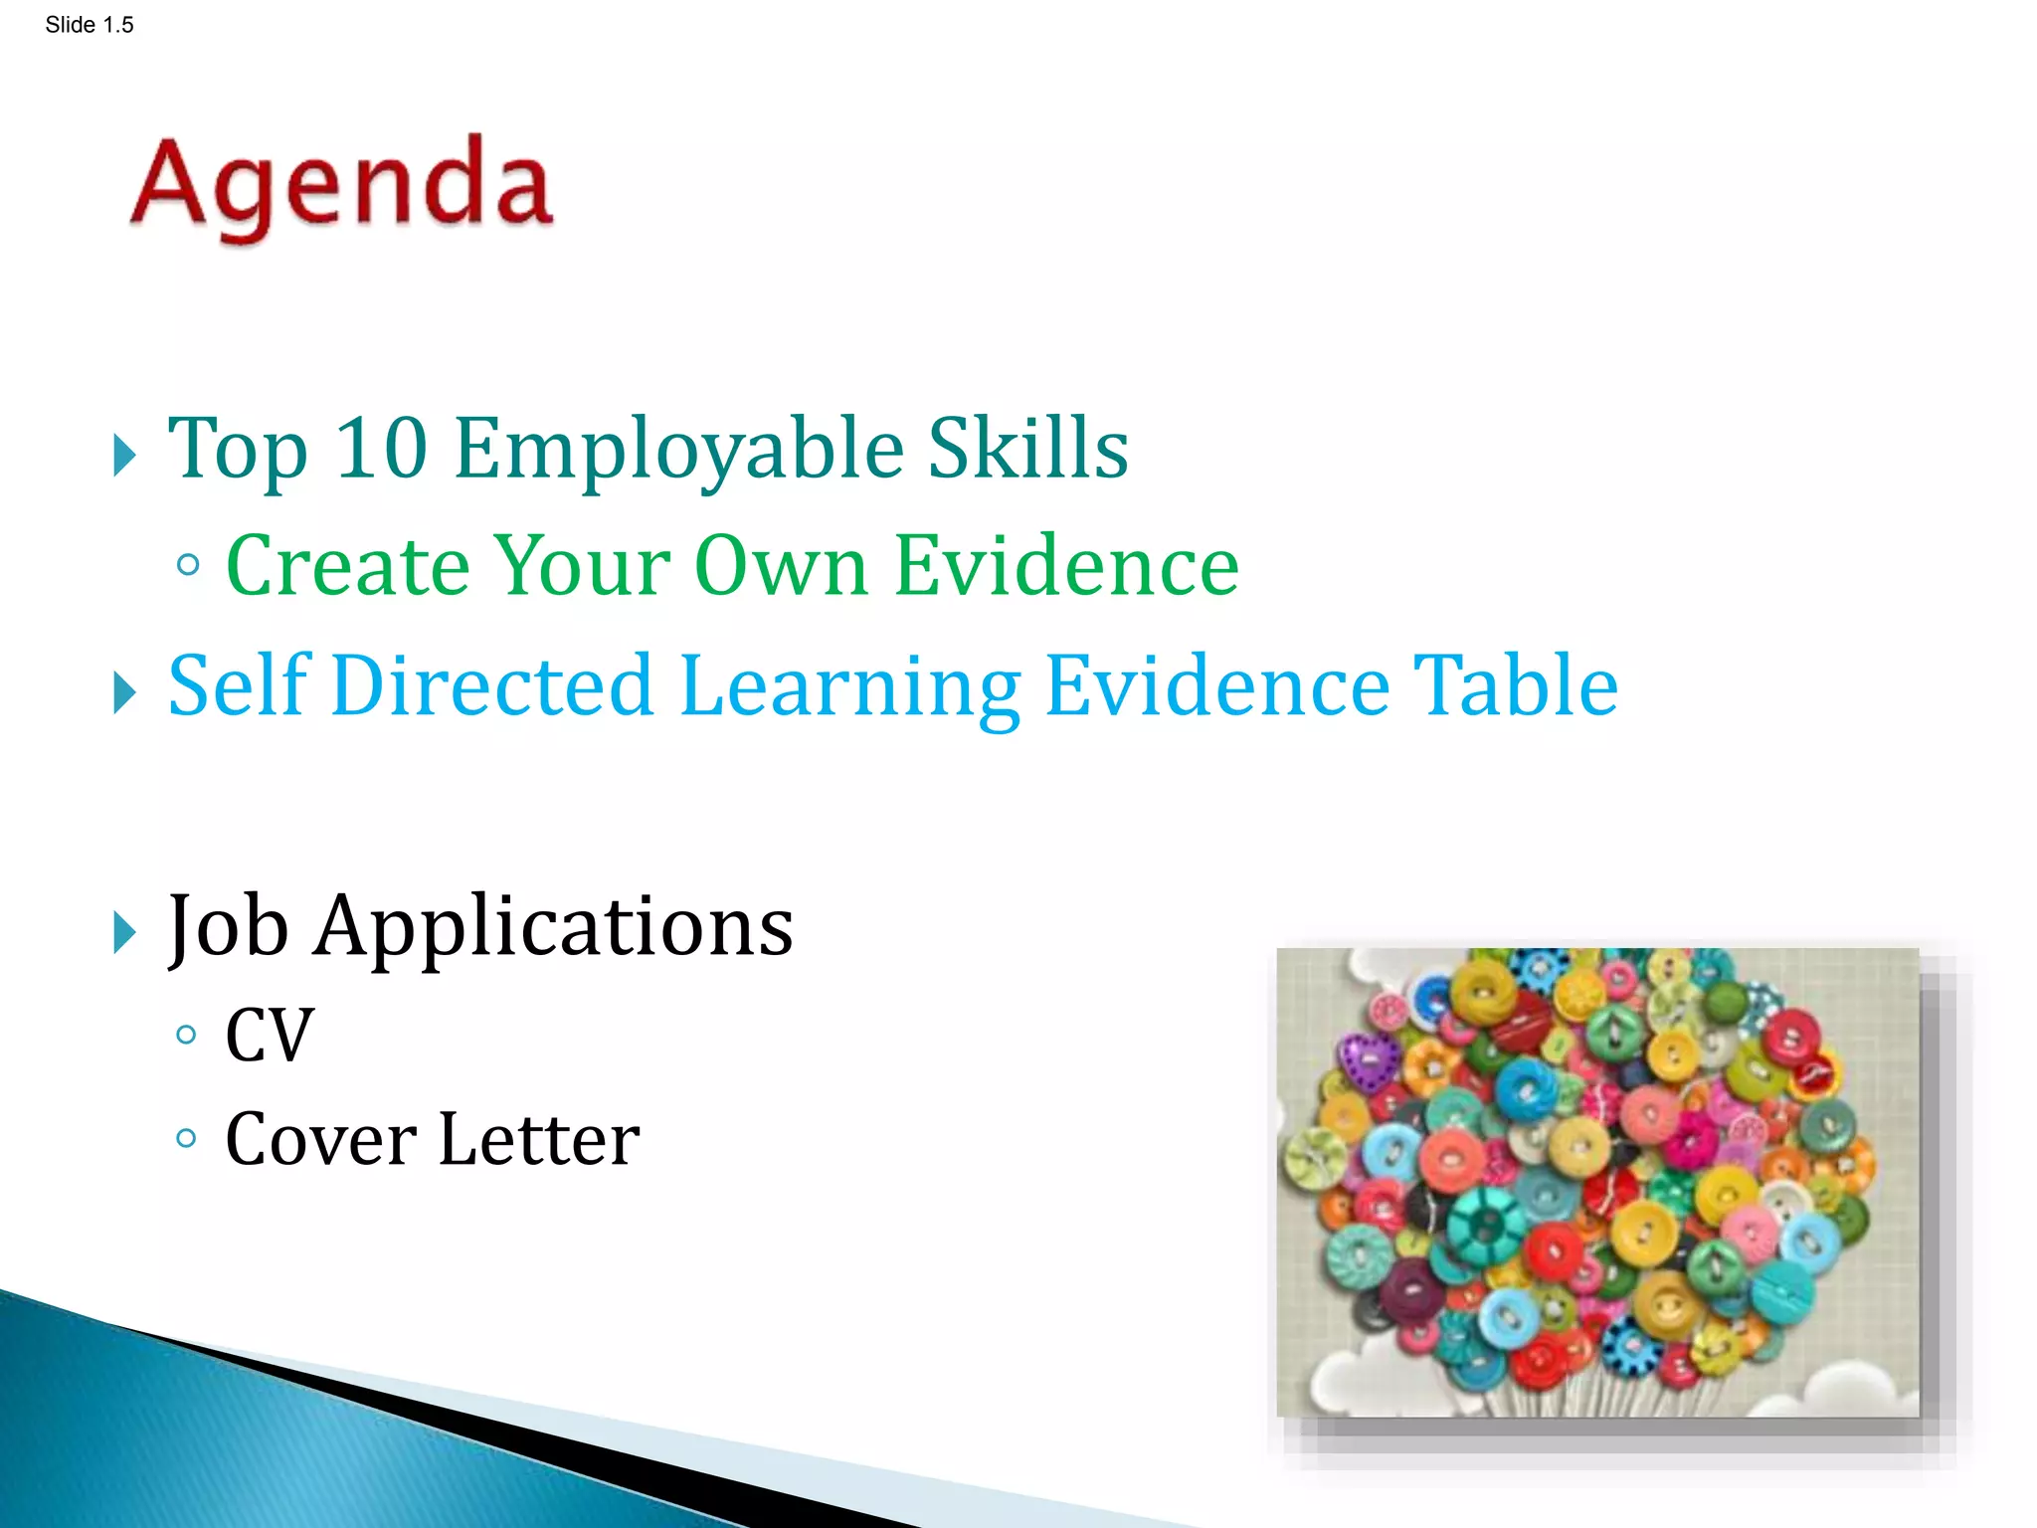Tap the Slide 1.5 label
click(x=89, y=25)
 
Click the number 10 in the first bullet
click(x=381, y=449)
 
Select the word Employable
click(x=678, y=451)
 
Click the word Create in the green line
click(x=347, y=566)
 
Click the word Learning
click(x=850, y=687)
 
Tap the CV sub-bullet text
click(x=270, y=1036)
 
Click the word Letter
click(x=538, y=1139)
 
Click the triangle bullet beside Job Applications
click(x=123, y=933)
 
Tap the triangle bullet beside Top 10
click(x=123, y=456)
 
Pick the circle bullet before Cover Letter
click(x=186, y=1138)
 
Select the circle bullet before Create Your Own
click(x=187, y=566)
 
